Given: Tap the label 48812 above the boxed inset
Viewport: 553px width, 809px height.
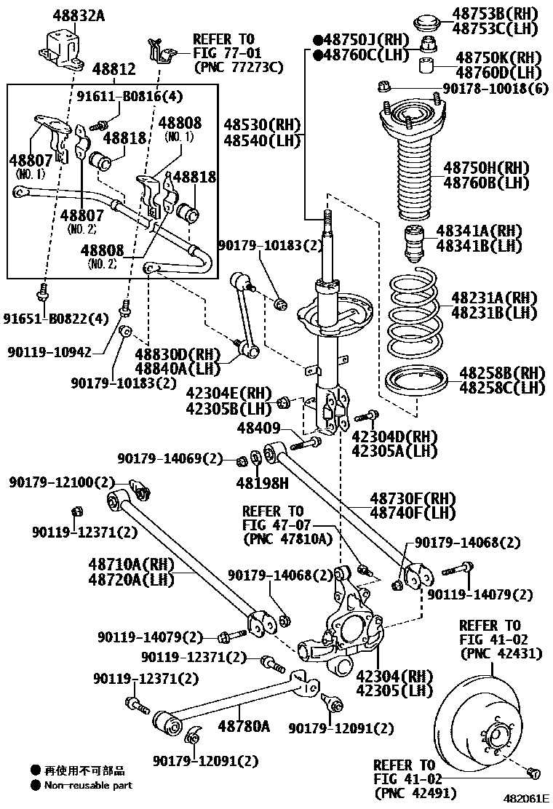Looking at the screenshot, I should (x=114, y=69).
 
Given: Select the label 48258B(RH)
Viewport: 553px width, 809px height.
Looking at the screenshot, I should (x=501, y=372).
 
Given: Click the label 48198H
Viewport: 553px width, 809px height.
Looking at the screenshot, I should (x=262, y=482).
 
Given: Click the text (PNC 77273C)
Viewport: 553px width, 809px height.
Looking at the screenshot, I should (x=238, y=68).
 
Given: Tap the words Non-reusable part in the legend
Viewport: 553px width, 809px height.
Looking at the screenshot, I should (x=88, y=785).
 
